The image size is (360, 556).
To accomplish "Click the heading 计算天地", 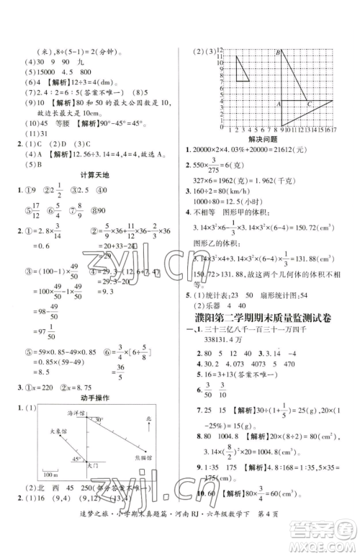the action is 94,176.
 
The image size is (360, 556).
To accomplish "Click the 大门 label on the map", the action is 91,467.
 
